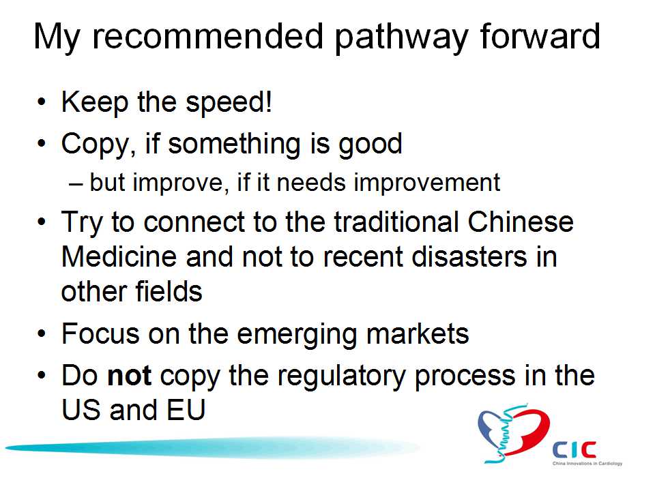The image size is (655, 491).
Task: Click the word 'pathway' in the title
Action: tap(401, 38)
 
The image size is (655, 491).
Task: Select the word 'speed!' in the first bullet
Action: tap(229, 103)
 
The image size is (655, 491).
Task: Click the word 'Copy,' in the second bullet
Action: tap(98, 145)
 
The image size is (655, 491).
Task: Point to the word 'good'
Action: tap(370, 145)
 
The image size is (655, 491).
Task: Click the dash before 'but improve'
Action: tap(76, 184)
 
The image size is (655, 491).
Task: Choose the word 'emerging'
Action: tap(297, 336)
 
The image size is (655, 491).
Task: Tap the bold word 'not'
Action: tap(129, 375)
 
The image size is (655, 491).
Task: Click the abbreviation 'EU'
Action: tap(186, 410)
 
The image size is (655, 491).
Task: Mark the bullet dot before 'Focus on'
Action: tap(42, 334)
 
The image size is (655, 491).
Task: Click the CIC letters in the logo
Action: tap(574, 449)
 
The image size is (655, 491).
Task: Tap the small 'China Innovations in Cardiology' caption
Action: tap(587, 464)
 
